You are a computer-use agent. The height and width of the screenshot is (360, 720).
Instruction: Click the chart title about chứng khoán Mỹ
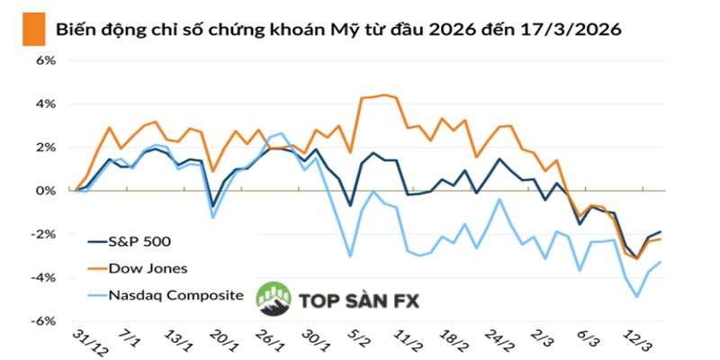click(337, 30)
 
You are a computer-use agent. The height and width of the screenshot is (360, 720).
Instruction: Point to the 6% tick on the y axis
click(45, 60)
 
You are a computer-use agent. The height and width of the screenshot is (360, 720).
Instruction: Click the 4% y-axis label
click(45, 103)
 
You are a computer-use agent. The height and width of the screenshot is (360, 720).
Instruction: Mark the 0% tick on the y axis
click(45, 190)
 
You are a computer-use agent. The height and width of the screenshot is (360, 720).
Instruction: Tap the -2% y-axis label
click(43, 234)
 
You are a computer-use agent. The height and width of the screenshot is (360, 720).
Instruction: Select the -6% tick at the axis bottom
click(43, 320)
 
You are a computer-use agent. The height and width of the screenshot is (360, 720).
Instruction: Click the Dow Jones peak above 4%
click(384, 94)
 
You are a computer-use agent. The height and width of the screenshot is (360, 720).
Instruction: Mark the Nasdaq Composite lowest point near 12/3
click(638, 296)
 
